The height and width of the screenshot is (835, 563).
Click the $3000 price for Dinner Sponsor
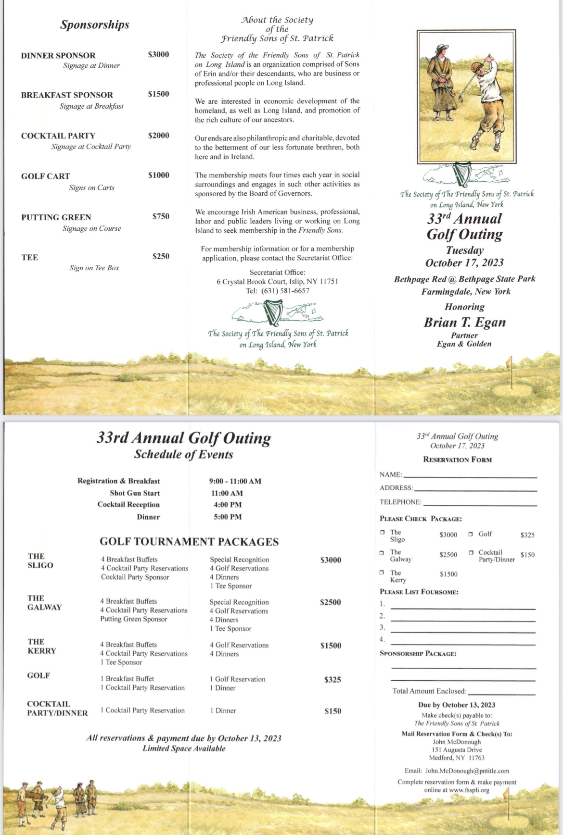tap(158, 55)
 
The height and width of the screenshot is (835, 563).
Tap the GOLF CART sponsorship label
tap(45, 176)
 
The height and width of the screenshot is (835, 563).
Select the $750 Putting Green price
tap(161, 217)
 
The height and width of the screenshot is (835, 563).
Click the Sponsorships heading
tap(94, 25)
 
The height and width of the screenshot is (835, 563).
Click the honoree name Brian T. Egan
tap(464, 322)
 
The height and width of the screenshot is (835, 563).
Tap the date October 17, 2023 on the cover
tap(464, 263)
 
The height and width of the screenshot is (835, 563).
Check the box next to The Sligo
tap(383, 532)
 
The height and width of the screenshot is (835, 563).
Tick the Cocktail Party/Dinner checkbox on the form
tap(471, 553)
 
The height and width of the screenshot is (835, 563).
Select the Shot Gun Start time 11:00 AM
tap(227, 493)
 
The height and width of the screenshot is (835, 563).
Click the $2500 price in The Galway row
tap(330, 602)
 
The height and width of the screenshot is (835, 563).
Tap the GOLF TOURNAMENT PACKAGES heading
tap(189, 542)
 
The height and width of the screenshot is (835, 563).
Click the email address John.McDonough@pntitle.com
tap(467, 771)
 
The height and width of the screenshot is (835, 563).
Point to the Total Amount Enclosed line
tap(501, 693)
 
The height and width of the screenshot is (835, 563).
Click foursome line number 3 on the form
tap(462, 631)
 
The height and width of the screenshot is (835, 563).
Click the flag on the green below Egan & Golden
tap(510, 361)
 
